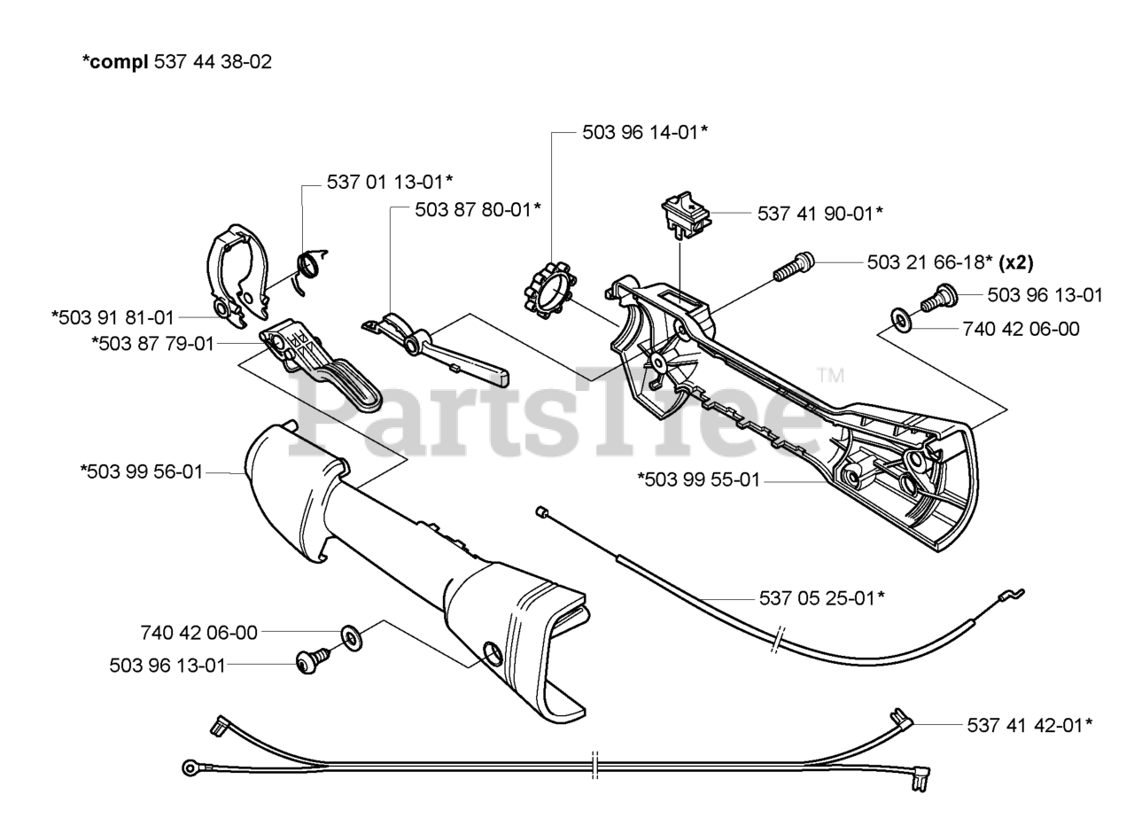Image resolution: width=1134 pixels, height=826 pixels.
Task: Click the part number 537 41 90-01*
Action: click(819, 214)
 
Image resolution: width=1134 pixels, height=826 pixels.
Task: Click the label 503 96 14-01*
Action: click(644, 132)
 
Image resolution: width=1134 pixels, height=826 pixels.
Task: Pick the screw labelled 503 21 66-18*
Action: click(793, 266)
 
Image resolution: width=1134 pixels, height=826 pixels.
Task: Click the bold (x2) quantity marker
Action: click(1016, 262)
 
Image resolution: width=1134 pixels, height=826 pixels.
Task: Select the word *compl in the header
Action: click(115, 62)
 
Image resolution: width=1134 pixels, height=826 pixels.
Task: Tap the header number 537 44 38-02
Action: click(213, 62)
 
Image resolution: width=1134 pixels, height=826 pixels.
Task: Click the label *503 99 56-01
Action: click(142, 472)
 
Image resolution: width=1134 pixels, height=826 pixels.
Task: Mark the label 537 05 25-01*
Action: click(821, 598)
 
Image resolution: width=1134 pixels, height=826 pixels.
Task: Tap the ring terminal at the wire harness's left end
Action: click(190, 768)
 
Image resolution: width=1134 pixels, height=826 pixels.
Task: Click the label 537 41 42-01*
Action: click(1029, 725)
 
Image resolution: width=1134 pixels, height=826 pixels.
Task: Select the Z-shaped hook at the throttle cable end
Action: click(1011, 596)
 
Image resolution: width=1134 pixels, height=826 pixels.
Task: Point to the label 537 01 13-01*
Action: click(390, 182)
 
